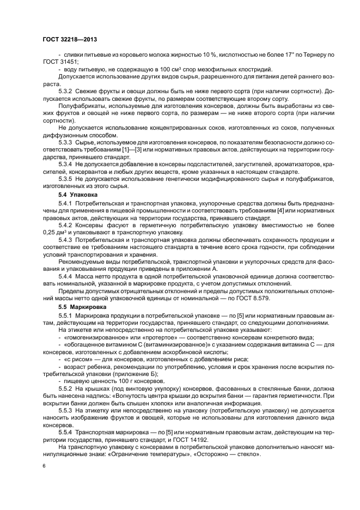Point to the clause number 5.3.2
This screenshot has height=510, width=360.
click(65, 90)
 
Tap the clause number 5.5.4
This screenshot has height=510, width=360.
click(65, 432)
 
